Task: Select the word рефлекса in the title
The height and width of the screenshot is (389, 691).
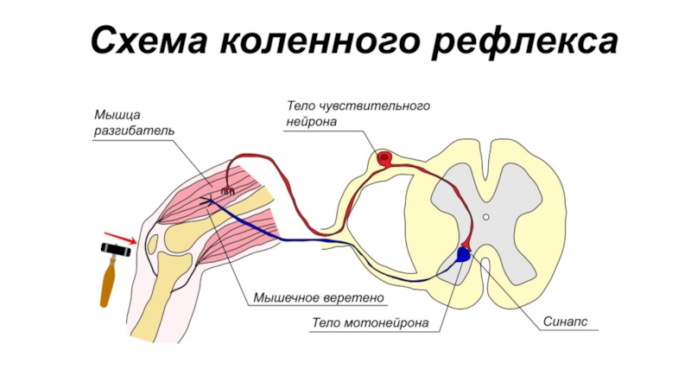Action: tap(525, 40)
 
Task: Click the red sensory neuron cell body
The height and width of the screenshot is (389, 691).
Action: tap(384, 157)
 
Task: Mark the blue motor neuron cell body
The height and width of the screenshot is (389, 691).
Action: tap(464, 254)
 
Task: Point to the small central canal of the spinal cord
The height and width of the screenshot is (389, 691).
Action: tap(486, 217)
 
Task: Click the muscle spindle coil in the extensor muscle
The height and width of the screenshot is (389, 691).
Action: tap(227, 190)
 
